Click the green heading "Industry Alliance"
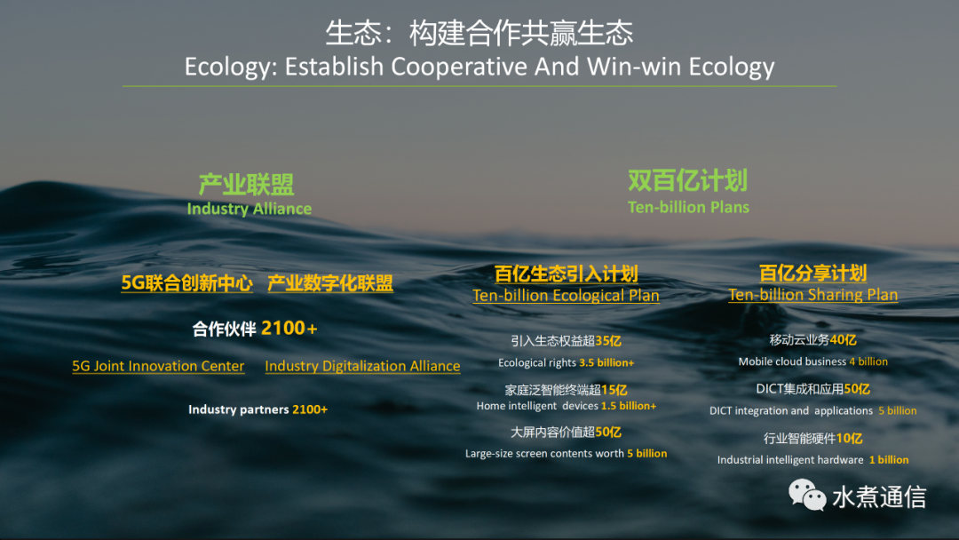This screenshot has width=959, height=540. pos(249,209)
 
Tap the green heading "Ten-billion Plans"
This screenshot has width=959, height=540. pos(688,207)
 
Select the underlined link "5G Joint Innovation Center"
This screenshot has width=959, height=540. pos(158,366)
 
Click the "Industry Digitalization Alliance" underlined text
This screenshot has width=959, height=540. pos(362,366)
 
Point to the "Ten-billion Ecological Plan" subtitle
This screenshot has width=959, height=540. pos(566,296)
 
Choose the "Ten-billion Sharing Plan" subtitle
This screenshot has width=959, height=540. pos(812,294)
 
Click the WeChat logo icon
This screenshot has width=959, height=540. pos(807,495)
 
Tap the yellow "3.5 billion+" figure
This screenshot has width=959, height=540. pos(606,362)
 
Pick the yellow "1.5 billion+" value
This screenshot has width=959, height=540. pos(628,406)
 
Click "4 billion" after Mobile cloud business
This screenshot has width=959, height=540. pos(868,361)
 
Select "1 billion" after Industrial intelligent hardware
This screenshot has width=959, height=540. pos(889,460)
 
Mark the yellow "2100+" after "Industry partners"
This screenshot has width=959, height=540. pos(310,409)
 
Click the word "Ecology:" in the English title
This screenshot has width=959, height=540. pos(231,67)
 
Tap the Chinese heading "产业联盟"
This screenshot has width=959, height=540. pos(247,185)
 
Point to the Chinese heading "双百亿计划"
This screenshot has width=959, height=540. pos(688,181)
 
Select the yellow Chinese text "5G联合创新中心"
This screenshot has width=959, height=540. pos(186,282)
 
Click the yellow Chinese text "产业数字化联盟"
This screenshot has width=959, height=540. pos(330,282)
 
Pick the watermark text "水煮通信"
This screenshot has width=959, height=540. pos(879,496)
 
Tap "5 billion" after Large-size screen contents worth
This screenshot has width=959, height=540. pos(647,453)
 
